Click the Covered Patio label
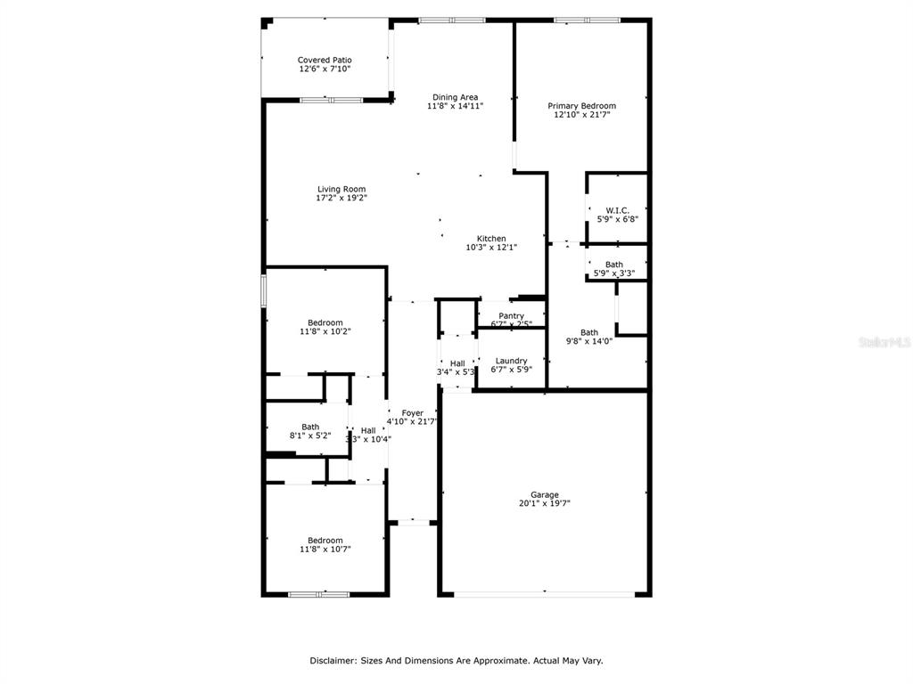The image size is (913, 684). (x=325, y=61)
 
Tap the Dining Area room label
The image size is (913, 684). (x=456, y=97)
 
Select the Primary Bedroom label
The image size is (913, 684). (x=581, y=106)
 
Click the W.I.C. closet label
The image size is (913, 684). (x=617, y=210)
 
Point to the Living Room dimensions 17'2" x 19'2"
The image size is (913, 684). (x=341, y=198)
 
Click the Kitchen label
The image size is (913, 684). (x=491, y=239)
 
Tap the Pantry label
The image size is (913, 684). (x=511, y=315)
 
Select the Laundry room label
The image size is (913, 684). (x=511, y=361)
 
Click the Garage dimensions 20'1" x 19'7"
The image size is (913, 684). (x=545, y=503)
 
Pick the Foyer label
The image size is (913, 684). (x=412, y=412)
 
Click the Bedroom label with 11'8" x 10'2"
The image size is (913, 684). (x=325, y=322)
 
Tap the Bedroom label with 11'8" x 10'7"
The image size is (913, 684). (x=325, y=540)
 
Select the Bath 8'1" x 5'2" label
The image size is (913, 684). (x=310, y=427)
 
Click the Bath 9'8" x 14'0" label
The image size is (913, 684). (x=589, y=332)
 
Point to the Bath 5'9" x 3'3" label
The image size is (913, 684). (x=614, y=265)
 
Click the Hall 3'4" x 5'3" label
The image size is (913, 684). (x=456, y=363)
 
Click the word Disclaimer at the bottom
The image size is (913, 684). (x=333, y=661)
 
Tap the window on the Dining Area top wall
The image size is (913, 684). (x=452, y=20)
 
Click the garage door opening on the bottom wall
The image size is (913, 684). (x=545, y=593)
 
